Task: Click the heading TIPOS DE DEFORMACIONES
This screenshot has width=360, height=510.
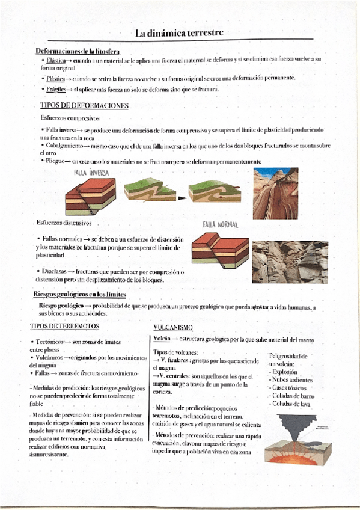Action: [84, 106]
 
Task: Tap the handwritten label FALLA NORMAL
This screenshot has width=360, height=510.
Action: [221, 224]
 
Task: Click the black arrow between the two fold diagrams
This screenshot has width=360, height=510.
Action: [182, 196]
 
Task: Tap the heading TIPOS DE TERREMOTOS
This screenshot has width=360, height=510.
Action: [64, 326]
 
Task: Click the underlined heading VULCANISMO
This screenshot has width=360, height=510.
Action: [172, 327]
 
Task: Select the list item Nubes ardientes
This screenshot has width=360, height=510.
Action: [293, 380]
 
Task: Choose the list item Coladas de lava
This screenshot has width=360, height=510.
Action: [290, 404]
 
